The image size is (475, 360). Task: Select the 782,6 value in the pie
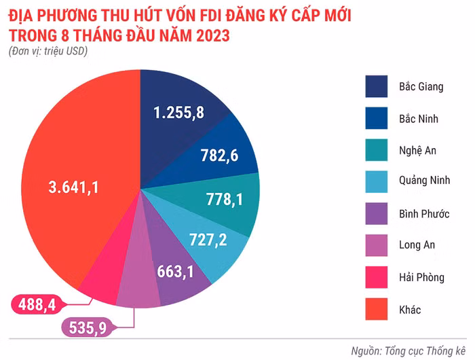219,156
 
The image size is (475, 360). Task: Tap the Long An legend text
417,245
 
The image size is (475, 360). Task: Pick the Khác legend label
410,309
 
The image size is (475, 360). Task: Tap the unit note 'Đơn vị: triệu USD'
49,51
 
